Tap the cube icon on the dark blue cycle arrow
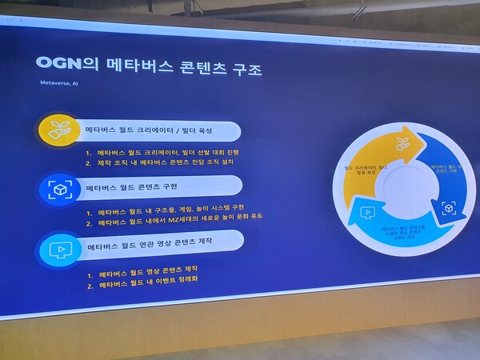coord(447,207)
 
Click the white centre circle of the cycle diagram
coord(402,192)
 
